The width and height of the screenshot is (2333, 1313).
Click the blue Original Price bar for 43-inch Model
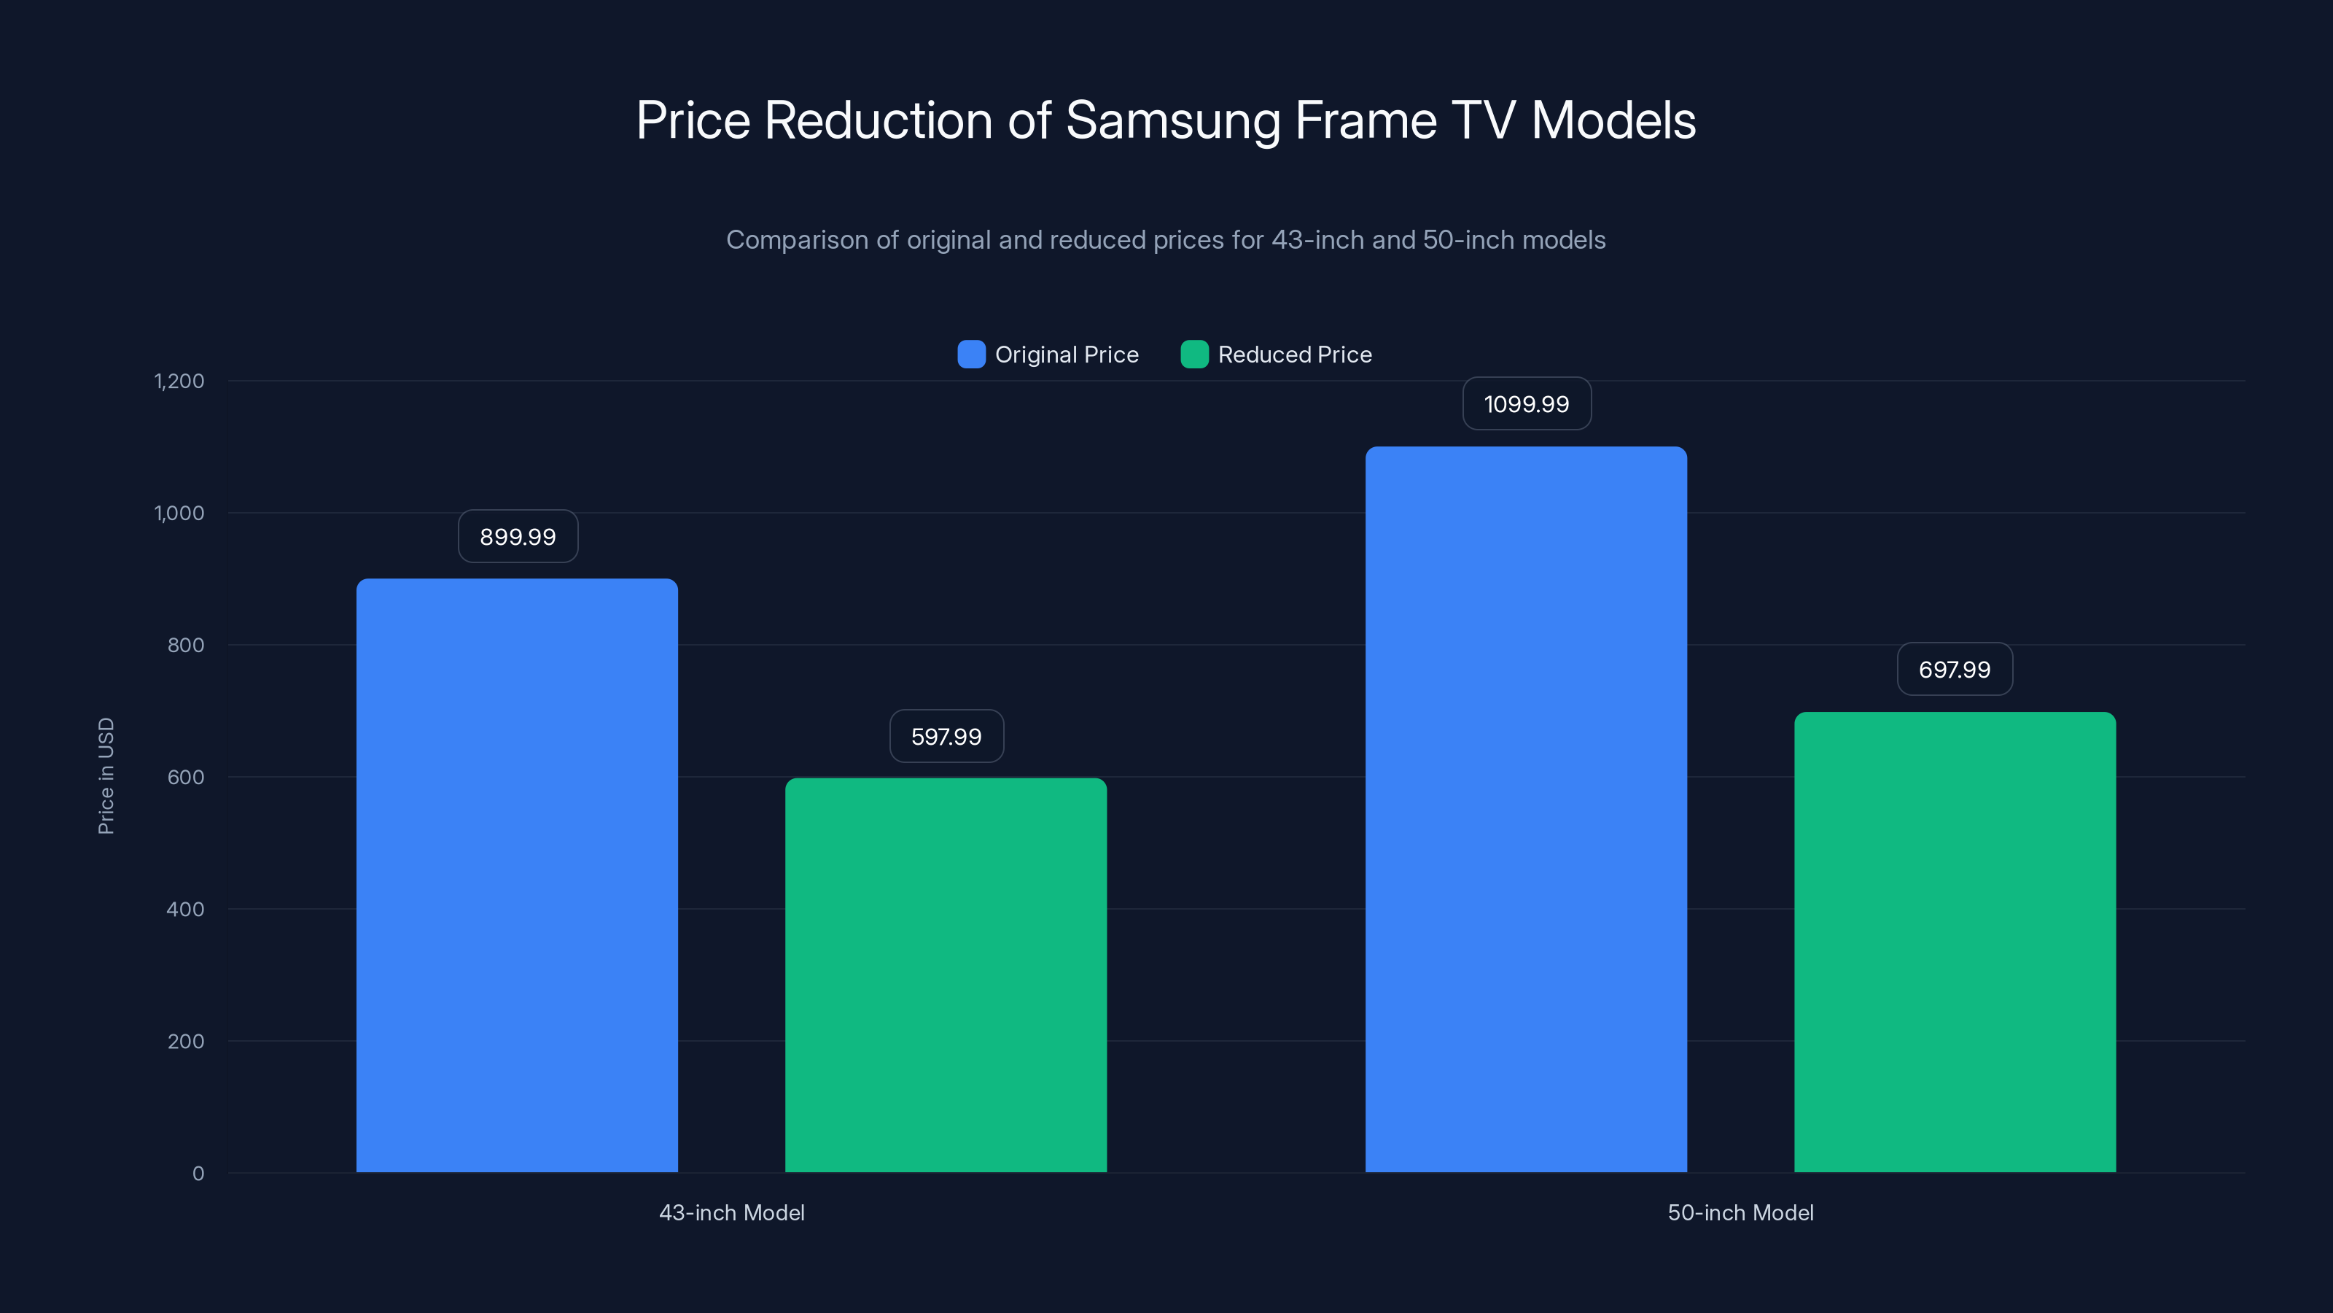pos(517,875)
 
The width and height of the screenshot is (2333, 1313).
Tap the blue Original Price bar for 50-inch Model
pos(1526,809)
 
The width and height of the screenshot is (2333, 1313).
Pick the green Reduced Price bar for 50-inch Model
pos(1955,942)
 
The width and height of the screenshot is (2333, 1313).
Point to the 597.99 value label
pos(946,737)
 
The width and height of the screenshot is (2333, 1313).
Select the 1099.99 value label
pos(1526,404)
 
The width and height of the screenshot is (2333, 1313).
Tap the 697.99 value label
pos(1955,670)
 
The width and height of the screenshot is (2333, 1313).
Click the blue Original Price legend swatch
pos(971,355)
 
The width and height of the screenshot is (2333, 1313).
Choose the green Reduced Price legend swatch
pos(1193,355)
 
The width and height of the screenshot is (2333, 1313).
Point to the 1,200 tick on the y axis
pos(179,381)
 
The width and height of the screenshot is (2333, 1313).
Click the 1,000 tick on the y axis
pos(179,513)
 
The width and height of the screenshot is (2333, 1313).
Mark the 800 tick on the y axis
pos(186,645)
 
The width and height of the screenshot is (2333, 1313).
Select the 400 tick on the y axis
pos(186,909)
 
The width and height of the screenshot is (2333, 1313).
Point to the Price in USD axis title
pos(106,775)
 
